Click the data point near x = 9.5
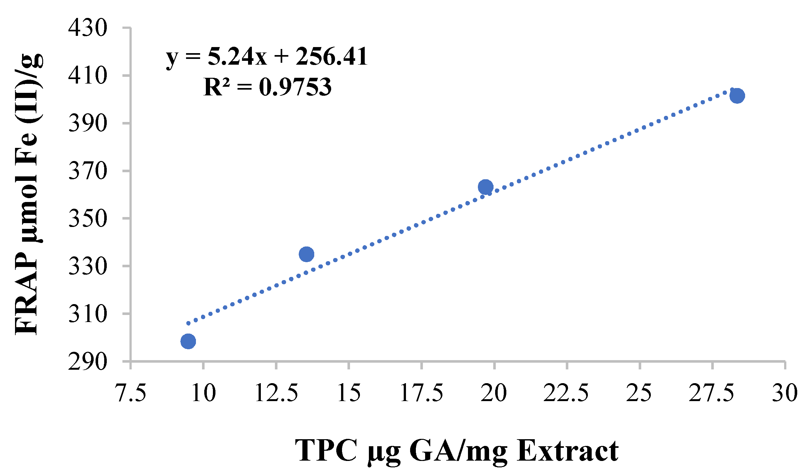[188, 342]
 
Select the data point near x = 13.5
[307, 254]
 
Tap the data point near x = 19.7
[486, 187]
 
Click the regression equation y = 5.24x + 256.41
[267, 57]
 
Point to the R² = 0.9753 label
[268, 87]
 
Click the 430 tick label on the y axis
[88, 28]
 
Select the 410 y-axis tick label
[88, 76]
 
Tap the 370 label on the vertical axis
[88, 171]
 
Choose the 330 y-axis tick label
[88, 266]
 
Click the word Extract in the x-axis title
[568, 451]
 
